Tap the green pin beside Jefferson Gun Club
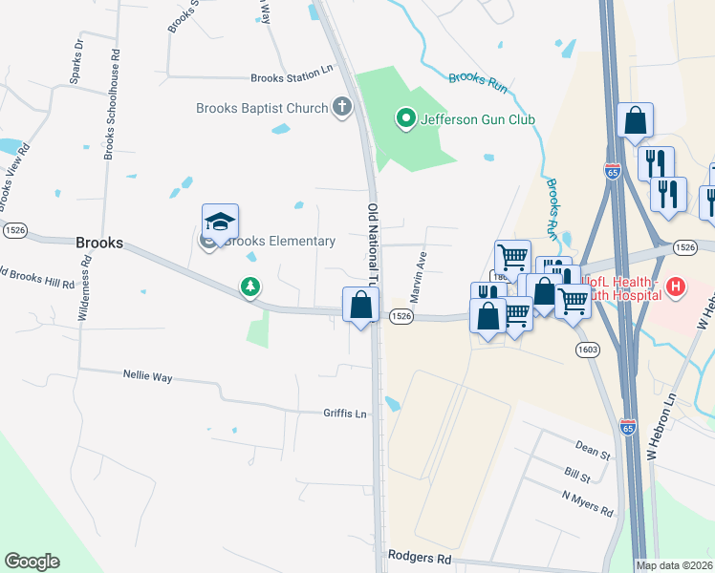[x=405, y=119]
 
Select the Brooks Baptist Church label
[x=262, y=108]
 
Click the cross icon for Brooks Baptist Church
[x=342, y=107]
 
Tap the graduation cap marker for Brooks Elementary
[x=220, y=223]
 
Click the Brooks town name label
[x=99, y=244]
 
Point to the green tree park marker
[x=250, y=286]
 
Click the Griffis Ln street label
[x=345, y=414]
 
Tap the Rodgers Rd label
[x=419, y=556]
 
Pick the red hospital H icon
[x=676, y=286]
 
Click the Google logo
[x=32, y=562]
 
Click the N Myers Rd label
[x=588, y=503]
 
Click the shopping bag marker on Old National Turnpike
[x=361, y=307]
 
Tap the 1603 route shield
[x=588, y=350]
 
